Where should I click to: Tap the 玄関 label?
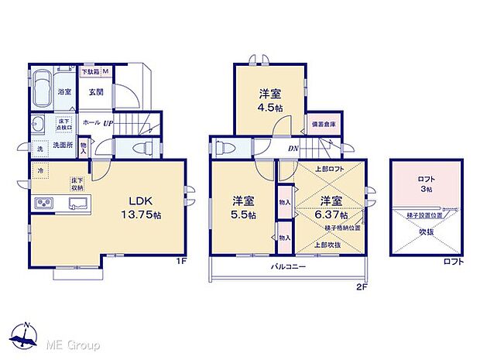(x=97, y=92)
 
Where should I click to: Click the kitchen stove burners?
(x=43, y=204)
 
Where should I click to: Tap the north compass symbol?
(x=26, y=335)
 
